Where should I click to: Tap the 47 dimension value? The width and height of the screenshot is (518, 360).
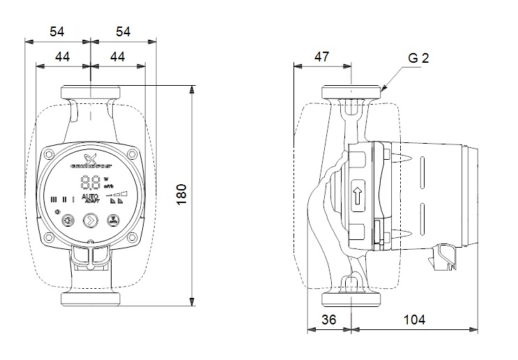click(x=321, y=56)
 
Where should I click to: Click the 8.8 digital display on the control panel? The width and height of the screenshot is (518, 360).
click(x=91, y=183)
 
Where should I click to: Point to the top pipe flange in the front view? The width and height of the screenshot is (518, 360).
click(x=91, y=92)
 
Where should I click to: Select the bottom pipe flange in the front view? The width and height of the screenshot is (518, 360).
click(x=91, y=299)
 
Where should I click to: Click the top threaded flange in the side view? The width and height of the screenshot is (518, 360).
click(x=353, y=92)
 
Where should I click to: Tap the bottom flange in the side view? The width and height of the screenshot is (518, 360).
click(x=353, y=299)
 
